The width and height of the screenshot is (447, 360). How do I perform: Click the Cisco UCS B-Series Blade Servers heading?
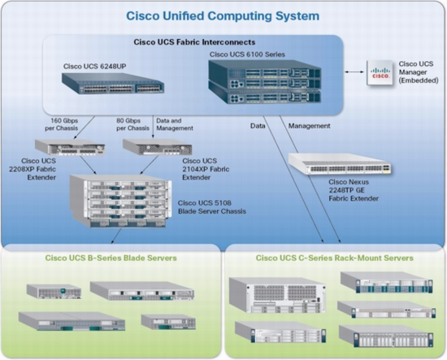click(x=111, y=258)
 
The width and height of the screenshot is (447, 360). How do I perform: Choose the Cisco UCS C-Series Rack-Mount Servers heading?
click(x=335, y=258)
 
